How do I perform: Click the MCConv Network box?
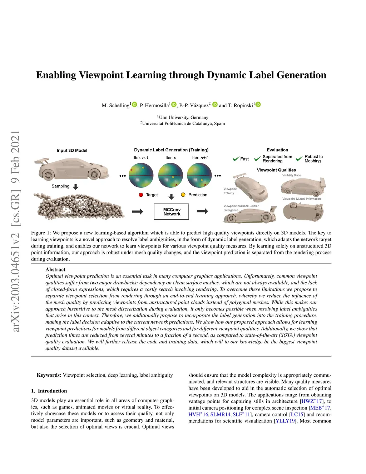pos(171,212)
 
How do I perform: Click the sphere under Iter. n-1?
pos(141,175)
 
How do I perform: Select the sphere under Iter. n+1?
pos(199,175)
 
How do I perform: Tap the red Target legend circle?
pos(141,195)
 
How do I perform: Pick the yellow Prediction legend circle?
pos(183,195)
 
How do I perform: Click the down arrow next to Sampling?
pos(75,187)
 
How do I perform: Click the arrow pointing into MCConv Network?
pos(138,212)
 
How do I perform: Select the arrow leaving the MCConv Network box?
pos(202,211)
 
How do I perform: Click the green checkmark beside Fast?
pos(236,159)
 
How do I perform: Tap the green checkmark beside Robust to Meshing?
pos(299,159)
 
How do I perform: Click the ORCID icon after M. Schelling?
pos(135,104)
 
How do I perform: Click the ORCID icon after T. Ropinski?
pos(258,104)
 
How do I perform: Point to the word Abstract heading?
pos(55,269)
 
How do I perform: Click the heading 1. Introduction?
pos(49,391)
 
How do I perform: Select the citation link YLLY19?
pos(285,421)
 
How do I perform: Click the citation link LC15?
pos(297,414)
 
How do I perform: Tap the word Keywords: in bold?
pos(49,375)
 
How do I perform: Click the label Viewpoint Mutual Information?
pos(301,199)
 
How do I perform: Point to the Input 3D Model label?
pos(72,151)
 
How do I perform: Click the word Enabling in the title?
pos(56,75)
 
